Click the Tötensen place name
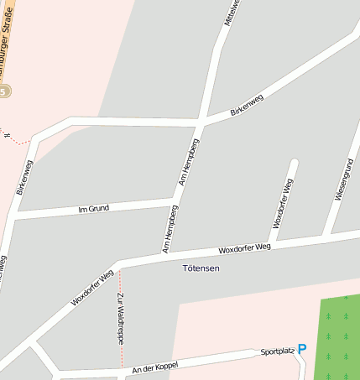pos(201,268)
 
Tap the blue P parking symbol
pos(302,349)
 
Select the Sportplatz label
pos(278,351)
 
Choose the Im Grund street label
pos(93,208)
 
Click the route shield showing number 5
pos(4,91)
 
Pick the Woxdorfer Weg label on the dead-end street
pos(282,203)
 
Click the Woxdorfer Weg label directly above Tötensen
pos(244,248)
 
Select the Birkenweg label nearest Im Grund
pos(24,177)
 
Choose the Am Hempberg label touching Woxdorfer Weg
pos(169,229)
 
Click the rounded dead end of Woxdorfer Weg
pos(294,163)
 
